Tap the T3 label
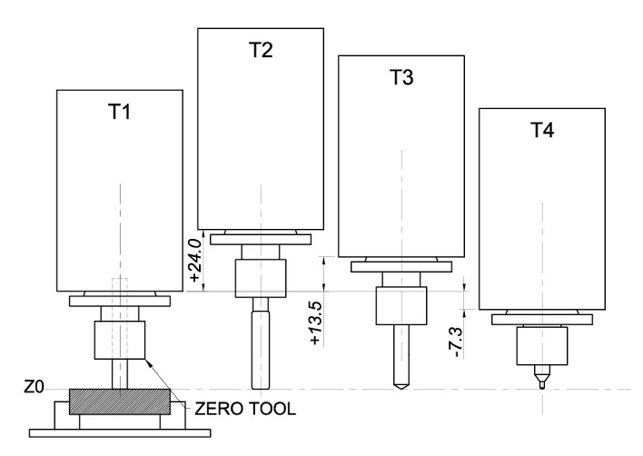point(401,78)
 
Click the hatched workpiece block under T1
point(119,401)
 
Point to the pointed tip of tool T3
point(401,385)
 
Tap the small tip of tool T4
point(541,382)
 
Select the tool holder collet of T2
point(261,278)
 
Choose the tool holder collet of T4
point(541,345)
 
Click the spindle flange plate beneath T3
point(401,267)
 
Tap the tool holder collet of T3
point(401,306)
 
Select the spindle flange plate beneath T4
point(541,319)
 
